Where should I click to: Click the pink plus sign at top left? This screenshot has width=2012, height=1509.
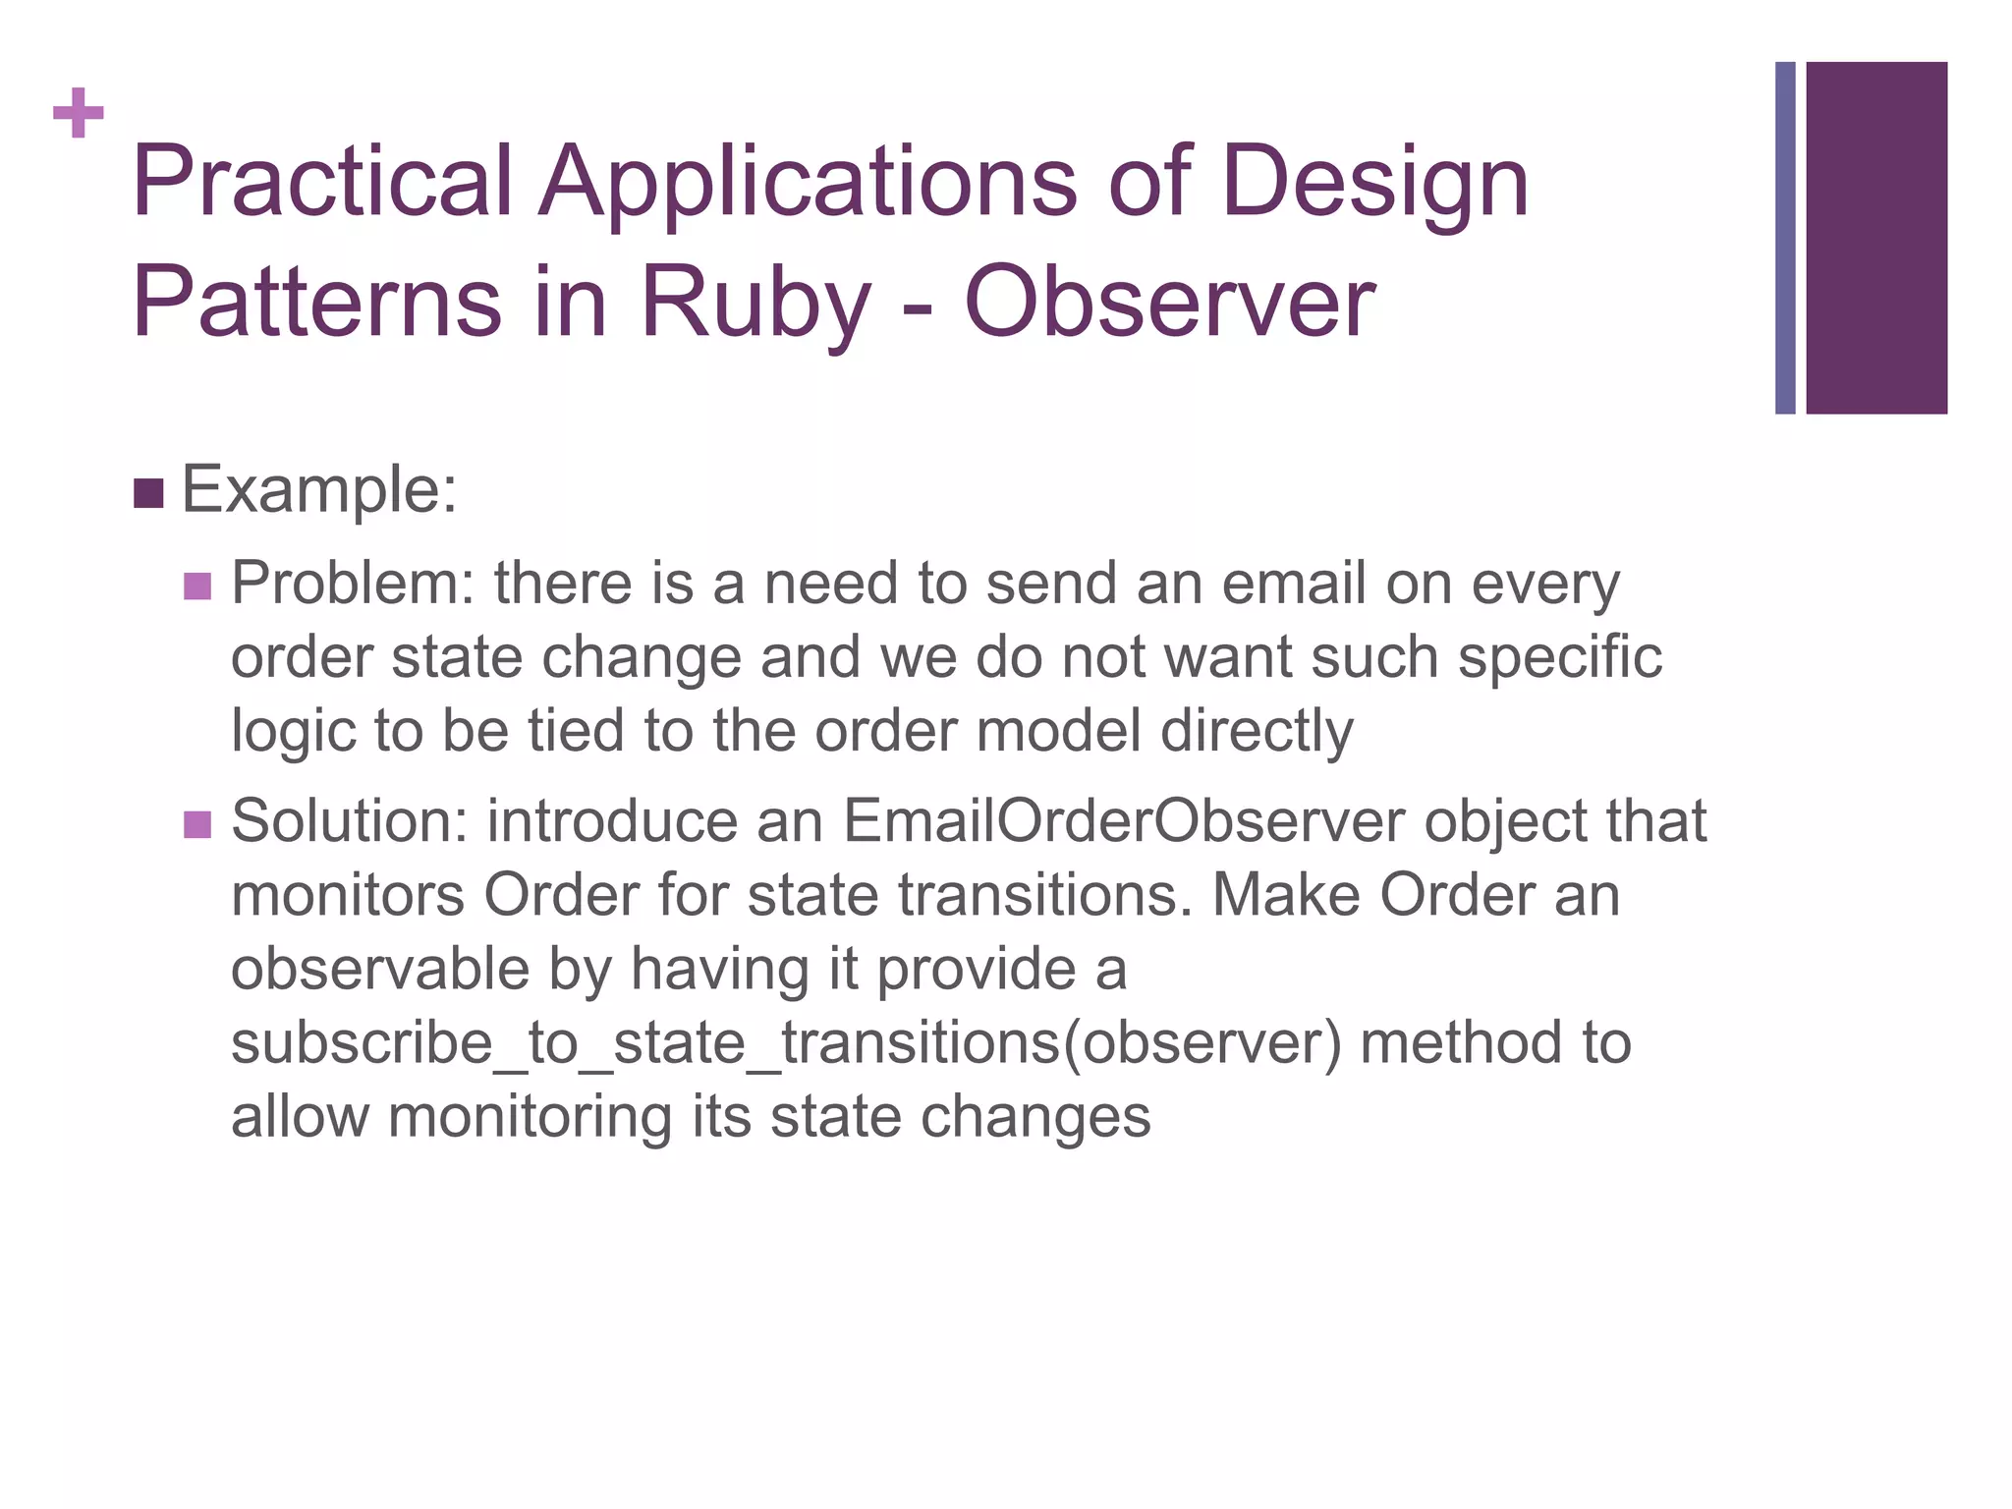(79, 113)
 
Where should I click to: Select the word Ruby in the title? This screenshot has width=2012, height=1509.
(754, 303)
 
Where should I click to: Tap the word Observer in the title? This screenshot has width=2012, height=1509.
(1169, 303)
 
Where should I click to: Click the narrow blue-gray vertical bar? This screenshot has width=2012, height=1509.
(1785, 238)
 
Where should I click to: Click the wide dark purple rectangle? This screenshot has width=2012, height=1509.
(1875, 238)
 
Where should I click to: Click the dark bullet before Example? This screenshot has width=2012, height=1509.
(147, 493)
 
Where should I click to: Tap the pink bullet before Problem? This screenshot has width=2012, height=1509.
(197, 587)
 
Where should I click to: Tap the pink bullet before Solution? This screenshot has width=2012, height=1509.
(197, 824)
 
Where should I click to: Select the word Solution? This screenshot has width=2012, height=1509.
(350, 821)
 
